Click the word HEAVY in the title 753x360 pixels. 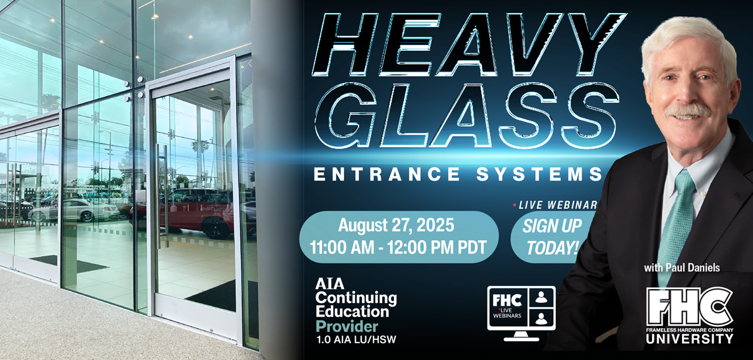(469, 45)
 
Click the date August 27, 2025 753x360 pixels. (396, 225)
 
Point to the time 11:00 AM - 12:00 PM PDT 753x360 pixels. (398, 247)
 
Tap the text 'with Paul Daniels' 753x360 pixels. (682, 268)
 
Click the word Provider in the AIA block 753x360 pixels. (346, 326)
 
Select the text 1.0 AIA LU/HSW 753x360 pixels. (356, 339)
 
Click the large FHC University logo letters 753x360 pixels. (690, 307)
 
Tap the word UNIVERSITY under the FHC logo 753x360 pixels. (690, 339)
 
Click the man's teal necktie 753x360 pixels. (676, 222)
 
